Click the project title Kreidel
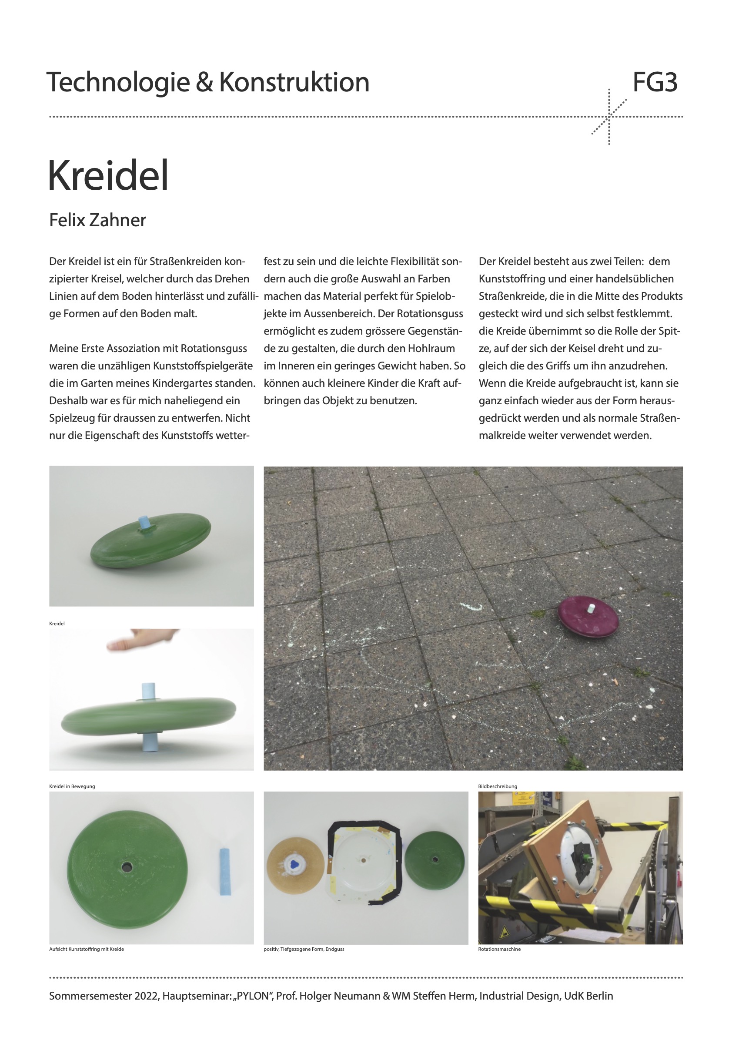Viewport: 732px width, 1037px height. (108, 176)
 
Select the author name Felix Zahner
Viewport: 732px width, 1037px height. (97, 220)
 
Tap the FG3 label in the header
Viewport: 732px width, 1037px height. (655, 82)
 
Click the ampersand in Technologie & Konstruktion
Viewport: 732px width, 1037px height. (204, 83)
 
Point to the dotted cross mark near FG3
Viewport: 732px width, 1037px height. (609, 117)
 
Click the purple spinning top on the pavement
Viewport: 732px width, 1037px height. (588, 616)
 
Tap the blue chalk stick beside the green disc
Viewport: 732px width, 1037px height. (224, 872)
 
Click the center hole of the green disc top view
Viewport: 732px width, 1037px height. (127, 867)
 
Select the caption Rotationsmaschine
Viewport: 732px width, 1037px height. (499, 949)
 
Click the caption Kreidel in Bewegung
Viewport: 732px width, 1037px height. (72, 786)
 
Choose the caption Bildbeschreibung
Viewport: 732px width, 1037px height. (497, 786)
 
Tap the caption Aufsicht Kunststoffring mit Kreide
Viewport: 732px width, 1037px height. (86, 949)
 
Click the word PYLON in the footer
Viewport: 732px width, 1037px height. (252, 996)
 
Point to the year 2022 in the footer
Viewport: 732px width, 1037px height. (145, 996)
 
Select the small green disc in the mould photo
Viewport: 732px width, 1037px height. (434, 861)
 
